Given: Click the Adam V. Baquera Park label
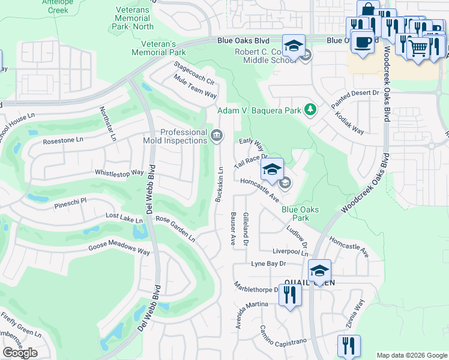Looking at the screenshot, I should tap(259, 110).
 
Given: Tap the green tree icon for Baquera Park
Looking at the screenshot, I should tap(310, 109).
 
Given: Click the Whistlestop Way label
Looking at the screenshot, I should tap(119, 173).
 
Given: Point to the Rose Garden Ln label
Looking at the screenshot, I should tap(175, 228).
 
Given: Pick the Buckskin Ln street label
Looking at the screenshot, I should tap(220, 187).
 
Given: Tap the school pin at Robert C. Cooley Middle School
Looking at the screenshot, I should tap(294, 46).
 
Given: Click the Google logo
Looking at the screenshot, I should tap(20, 352).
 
